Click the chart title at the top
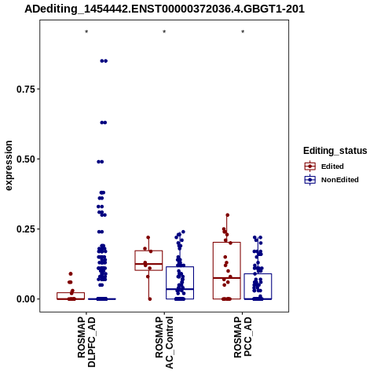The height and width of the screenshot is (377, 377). coord(164,9)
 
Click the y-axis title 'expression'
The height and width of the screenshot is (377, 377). coord(9,166)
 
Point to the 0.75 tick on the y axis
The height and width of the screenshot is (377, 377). coord(26,89)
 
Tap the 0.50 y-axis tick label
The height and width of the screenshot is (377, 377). coord(26,159)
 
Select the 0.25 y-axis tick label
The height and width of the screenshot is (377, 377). coord(26,229)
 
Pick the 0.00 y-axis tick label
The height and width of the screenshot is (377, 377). coord(26,298)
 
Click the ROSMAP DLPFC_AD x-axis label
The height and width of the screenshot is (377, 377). coord(86,342)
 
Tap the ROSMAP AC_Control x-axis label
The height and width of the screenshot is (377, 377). coord(164,342)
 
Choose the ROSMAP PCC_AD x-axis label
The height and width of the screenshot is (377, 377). coord(243,337)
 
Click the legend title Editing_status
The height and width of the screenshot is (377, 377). coord(335,151)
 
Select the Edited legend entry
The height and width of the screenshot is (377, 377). coord(324,167)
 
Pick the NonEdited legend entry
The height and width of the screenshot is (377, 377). coord(331,180)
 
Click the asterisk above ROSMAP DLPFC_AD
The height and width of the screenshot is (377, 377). coord(86,32)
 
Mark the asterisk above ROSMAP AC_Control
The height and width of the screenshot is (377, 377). coord(164,32)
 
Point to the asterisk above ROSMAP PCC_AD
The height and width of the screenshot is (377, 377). coord(243,32)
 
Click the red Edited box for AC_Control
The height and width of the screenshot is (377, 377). coord(148,251)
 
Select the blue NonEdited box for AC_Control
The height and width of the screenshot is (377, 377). coord(180,267)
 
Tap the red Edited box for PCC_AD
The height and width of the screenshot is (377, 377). coord(227,243)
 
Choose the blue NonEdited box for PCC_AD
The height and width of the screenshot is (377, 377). coord(258,274)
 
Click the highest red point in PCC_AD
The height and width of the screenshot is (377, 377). coord(228,215)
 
